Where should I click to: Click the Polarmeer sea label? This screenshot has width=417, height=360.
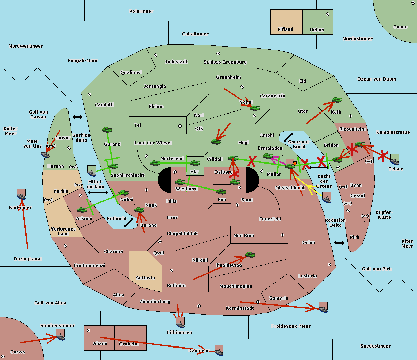click(141, 11)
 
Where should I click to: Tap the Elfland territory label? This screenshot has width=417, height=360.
click(285, 30)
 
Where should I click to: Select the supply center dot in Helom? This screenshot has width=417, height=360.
click(327, 14)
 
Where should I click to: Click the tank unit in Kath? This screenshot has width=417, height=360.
click(336, 100)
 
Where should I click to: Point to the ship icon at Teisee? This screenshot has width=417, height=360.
click(394, 159)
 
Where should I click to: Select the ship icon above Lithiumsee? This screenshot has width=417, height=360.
click(180, 323)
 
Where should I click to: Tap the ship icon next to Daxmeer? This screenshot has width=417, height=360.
click(219, 350)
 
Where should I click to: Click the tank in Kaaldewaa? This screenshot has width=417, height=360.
click(250, 255)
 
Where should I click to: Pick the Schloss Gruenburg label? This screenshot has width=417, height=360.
click(225, 62)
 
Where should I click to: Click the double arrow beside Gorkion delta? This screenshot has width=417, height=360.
click(77, 117)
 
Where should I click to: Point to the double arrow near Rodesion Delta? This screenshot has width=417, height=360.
click(339, 243)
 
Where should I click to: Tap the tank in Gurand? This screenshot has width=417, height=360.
click(107, 130)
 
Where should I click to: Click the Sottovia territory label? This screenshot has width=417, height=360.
click(145, 278)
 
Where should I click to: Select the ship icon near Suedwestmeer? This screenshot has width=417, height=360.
click(60, 335)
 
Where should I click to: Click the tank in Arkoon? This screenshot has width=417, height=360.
click(82, 210)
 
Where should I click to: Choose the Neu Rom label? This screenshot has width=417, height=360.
click(244, 236)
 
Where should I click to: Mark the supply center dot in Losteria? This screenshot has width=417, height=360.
click(329, 265)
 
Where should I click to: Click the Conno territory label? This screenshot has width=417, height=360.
click(400, 27)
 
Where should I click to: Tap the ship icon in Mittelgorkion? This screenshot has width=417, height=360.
click(91, 171)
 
